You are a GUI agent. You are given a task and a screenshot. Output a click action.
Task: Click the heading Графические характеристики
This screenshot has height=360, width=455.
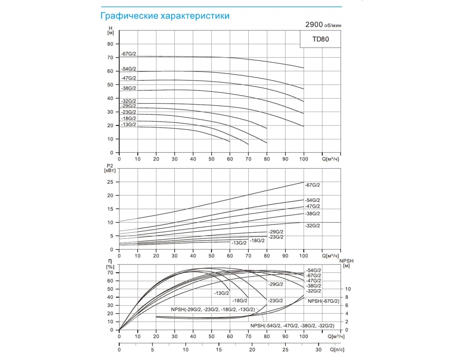click(x=165, y=16)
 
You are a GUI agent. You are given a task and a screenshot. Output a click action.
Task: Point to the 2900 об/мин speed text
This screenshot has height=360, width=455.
click(x=325, y=25)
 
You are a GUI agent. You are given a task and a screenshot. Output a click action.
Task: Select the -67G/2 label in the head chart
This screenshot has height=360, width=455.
click(x=129, y=54)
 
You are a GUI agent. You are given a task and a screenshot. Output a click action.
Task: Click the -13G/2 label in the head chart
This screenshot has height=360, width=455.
click(x=129, y=125)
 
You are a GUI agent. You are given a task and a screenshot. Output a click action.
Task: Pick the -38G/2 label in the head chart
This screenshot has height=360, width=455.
click(x=129, y=88)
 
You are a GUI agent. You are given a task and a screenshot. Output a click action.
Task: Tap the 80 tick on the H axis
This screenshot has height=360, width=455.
click(x=110, y=44)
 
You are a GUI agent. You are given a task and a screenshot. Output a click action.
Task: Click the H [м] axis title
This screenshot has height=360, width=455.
click(x=111, y=31)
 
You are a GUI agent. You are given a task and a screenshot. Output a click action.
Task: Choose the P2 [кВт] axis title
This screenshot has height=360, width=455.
click(x=110, y=167)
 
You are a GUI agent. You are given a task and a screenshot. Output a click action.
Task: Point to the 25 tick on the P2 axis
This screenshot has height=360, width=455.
click(x=111, y=182)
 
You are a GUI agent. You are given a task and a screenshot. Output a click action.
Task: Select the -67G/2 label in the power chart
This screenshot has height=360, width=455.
click(x=312, y=185)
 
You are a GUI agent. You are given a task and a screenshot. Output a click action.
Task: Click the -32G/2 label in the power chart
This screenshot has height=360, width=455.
click(x=312, y=226)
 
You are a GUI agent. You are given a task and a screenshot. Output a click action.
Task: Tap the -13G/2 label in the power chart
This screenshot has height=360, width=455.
click(x=238, y=243)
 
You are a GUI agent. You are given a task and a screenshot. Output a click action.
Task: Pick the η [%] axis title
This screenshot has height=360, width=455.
click(x=110, y=264)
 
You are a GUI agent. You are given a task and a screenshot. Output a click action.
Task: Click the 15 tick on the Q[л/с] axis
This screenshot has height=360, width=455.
click(x=219, y=350)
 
